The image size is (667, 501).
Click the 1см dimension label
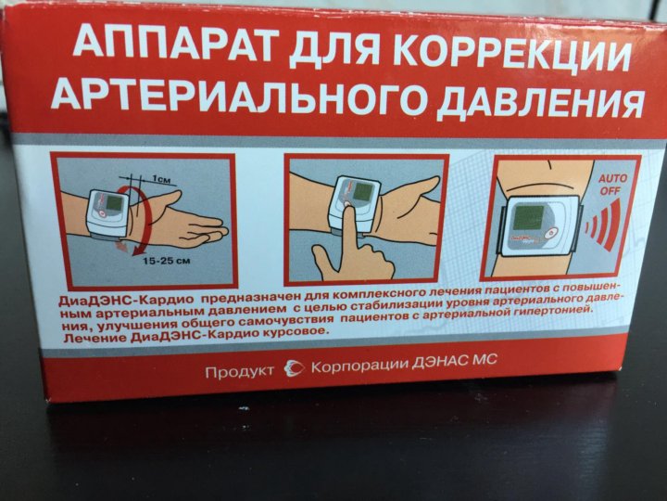tap(161, 179)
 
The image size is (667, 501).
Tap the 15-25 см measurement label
tap(167, 260)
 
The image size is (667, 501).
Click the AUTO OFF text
tap(612, 184)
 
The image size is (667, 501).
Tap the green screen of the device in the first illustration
tap(114, 203)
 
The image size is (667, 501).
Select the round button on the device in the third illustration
tap(552, 233)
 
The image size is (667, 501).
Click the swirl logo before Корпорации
tap(295, 368)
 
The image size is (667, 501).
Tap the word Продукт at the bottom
tap(240, 371)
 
